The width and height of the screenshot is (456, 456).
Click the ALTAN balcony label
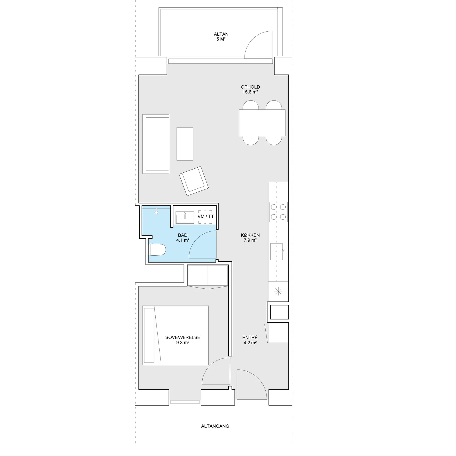click(221, 36)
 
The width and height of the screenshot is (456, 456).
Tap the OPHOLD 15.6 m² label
click(250, 89)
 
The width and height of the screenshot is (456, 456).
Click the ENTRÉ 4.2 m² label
click(250, 340)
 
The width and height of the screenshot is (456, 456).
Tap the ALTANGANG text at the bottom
click(215, 426)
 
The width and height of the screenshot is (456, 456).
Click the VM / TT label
click(206, 216)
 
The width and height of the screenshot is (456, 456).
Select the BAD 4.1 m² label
click(183, 238)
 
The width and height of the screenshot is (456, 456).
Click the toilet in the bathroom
click(157, 250)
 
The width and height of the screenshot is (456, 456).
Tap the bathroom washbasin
click(185, 217)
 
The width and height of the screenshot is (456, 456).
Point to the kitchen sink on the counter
click(276, 251)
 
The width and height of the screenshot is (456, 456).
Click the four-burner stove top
click(278, 212)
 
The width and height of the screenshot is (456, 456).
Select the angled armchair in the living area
click(194, 181)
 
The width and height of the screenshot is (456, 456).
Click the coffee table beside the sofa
click(185, 144)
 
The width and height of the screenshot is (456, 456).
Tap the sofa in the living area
click(156, 144)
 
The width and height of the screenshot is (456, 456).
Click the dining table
click(262, 123)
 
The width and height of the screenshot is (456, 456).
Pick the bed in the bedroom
click(176, 335)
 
